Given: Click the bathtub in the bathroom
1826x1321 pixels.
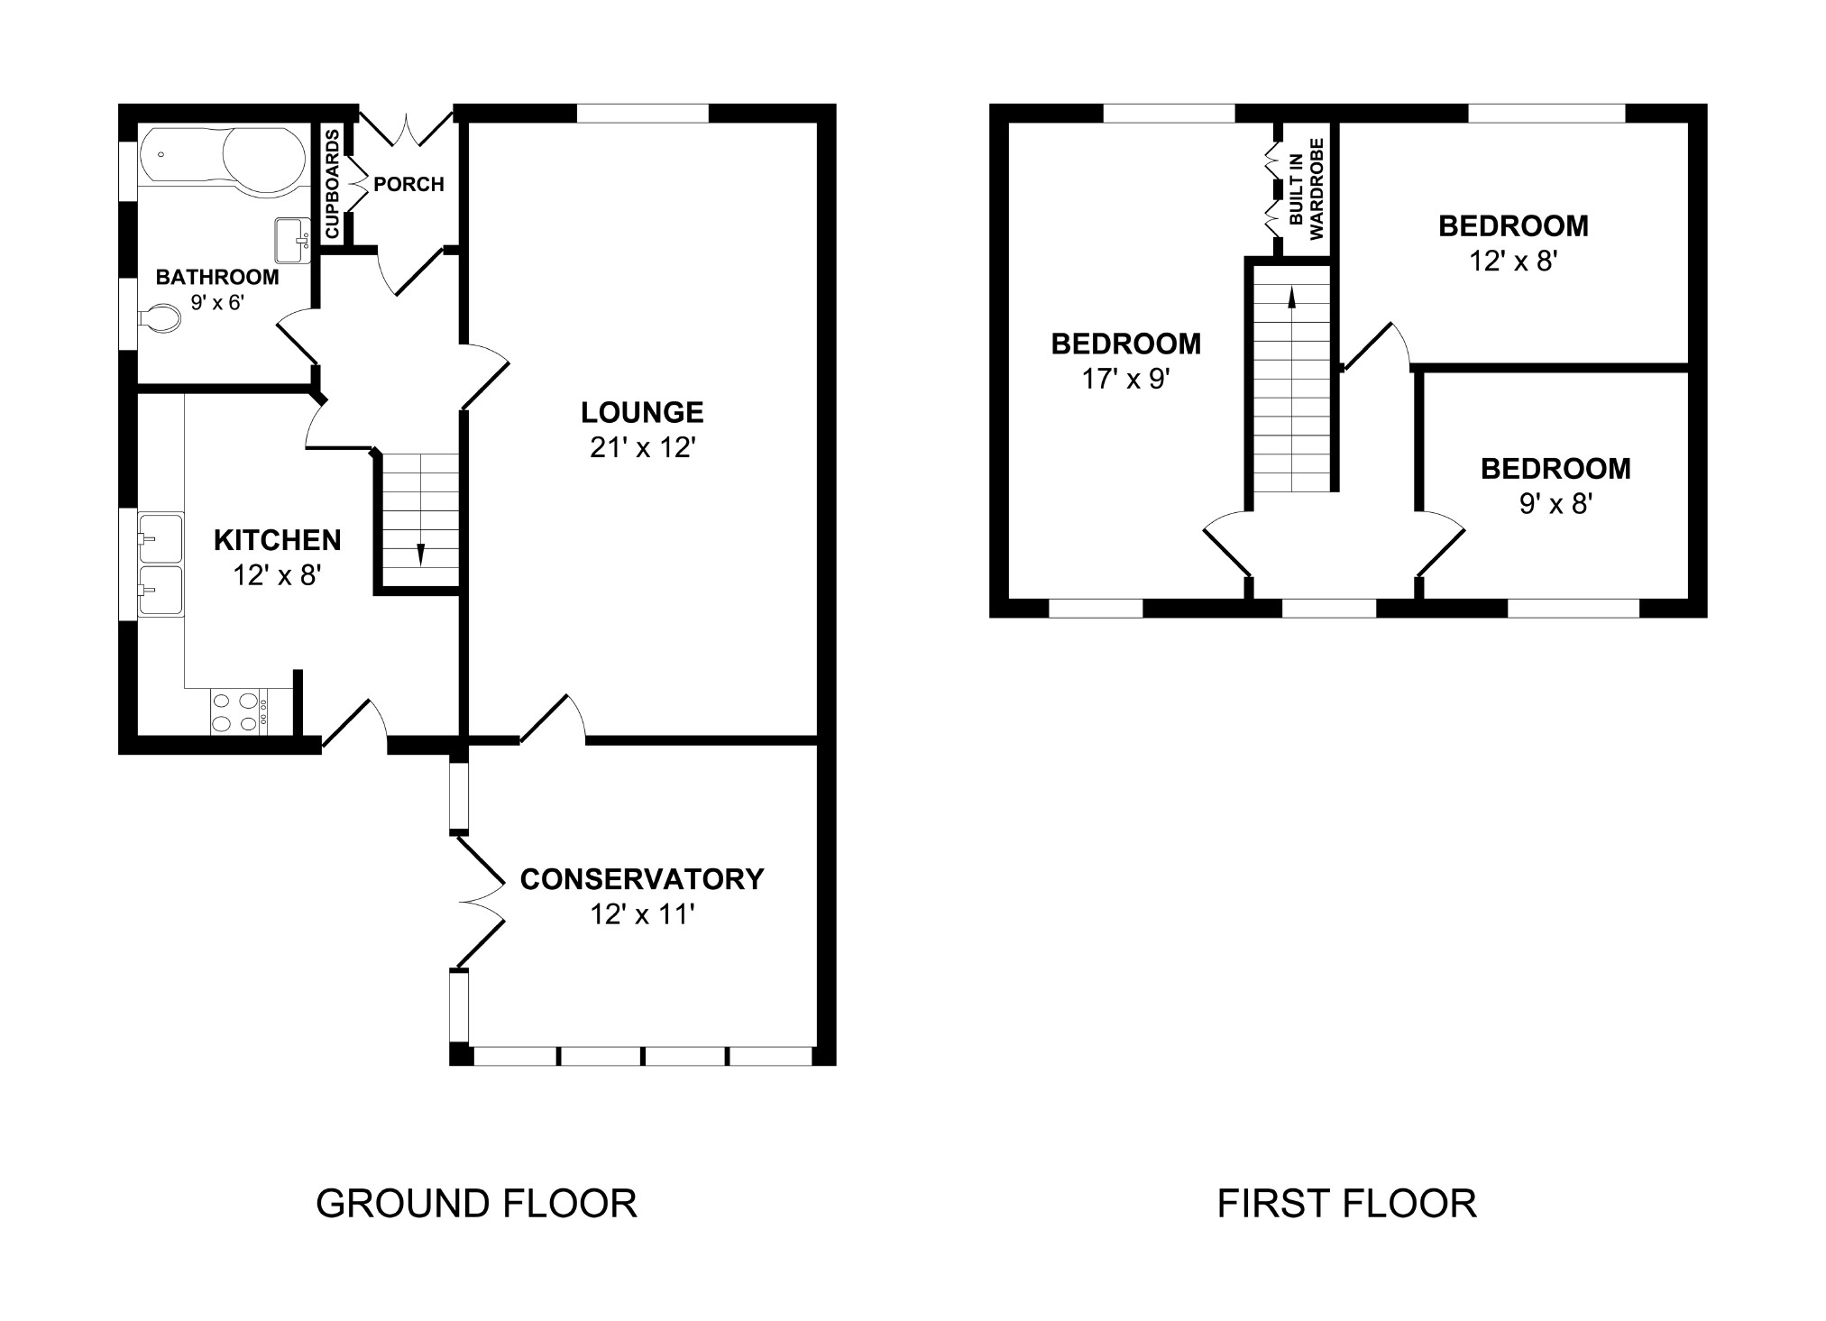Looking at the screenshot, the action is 224,161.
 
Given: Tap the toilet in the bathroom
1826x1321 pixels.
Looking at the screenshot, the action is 160,318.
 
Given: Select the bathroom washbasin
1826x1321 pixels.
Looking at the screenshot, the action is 291,240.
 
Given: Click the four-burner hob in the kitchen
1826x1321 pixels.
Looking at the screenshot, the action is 236,711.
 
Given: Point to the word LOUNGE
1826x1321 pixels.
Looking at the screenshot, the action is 641,413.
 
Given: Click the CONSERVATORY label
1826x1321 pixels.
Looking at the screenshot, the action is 641,879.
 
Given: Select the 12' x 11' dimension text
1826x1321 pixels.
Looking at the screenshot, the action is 641,915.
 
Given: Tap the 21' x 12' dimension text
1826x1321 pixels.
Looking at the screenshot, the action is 641,448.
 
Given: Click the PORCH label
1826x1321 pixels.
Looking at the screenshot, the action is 408,185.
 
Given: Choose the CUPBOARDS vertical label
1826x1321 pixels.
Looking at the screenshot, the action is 332,184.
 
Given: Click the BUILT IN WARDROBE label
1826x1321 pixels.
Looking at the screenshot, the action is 1306,188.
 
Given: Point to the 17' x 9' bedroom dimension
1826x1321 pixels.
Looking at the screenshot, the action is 1125,380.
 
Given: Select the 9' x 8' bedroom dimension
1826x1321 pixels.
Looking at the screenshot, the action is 1555,504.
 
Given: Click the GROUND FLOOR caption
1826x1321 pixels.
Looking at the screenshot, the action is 476,1204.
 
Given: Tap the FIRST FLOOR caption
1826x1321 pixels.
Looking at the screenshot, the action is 1346,1204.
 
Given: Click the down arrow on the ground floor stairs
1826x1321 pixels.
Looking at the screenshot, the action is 420,553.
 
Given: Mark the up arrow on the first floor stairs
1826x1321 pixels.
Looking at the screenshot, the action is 1292,298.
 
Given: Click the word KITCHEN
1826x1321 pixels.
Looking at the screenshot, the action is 277,540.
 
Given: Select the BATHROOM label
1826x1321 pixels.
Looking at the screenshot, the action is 217,277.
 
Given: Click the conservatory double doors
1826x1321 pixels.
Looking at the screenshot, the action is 481,902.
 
